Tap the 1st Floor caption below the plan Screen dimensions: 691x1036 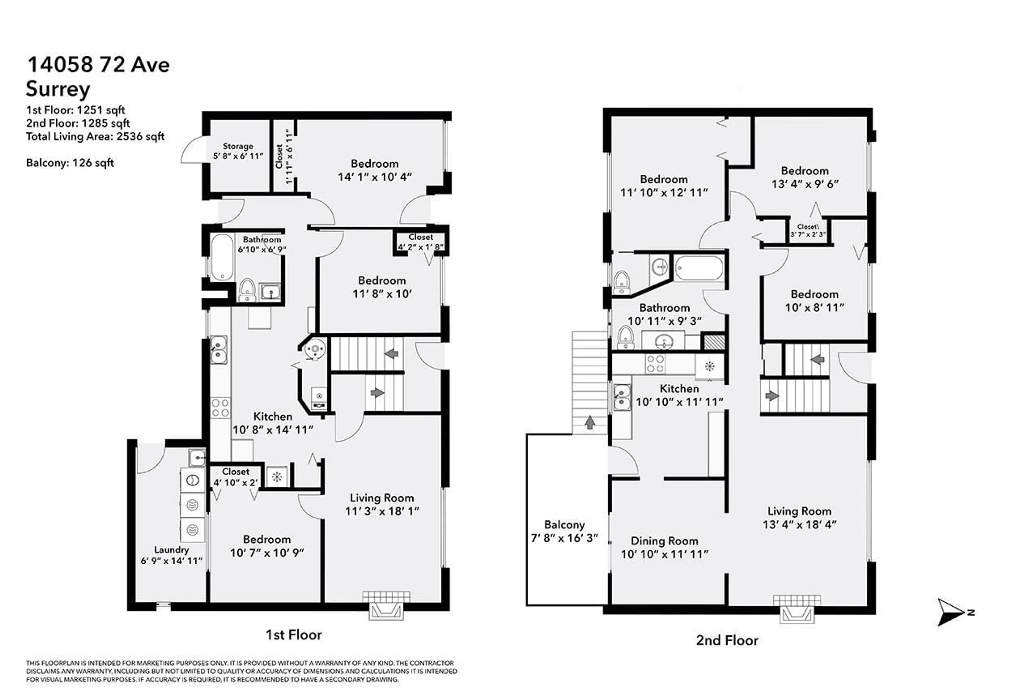coord(293,635)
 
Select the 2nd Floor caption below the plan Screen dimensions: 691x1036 coord(727,640)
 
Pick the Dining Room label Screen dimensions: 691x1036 coord(664,541)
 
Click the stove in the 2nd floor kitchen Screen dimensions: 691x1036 coord(655,364)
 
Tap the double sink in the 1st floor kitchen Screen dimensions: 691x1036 coord(218,349)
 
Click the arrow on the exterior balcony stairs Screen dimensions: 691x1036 coord(589,422)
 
